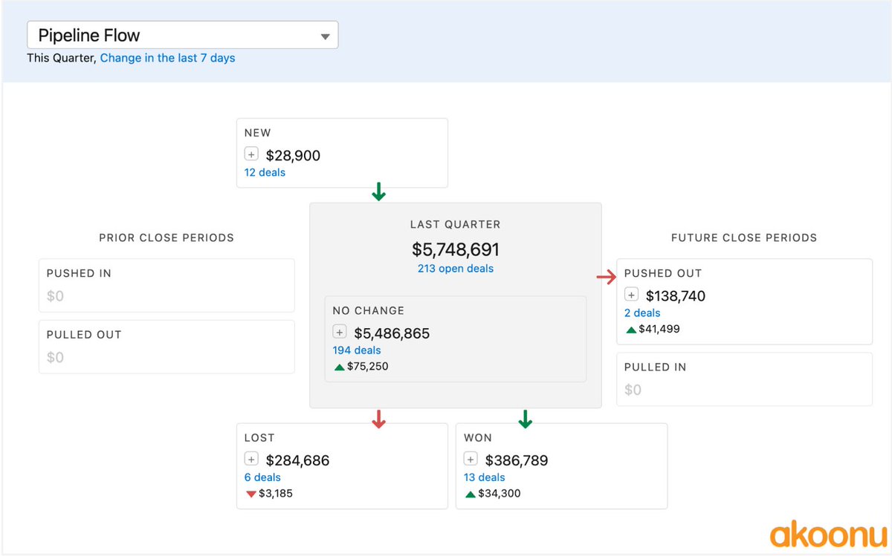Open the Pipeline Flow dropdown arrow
click(x=325, y=36)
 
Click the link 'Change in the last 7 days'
click(x=167, y=58)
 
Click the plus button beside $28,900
click(x=251, y=154)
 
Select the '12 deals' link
click(x=265, y=172)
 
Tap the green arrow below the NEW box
click(x=379, y=193)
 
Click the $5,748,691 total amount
click(x=455, y=249)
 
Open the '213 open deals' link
click(x=455, y=269)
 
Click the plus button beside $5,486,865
click(x=340, y=333)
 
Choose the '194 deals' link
click(x=357, y=350)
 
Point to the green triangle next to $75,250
click(x=339, y=367)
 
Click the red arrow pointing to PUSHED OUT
click(x=607, y=278)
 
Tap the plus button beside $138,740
click(x=632, y=295)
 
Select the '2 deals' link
click(x=642, y=313)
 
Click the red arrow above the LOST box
click(x=379, y=420)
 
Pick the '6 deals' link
click(x=262, y=477)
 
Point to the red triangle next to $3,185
click(x=251, y=494)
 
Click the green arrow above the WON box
click(x=526, y=419)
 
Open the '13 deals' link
click(x=484, y=477)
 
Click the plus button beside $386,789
click(x=471, y=459)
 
